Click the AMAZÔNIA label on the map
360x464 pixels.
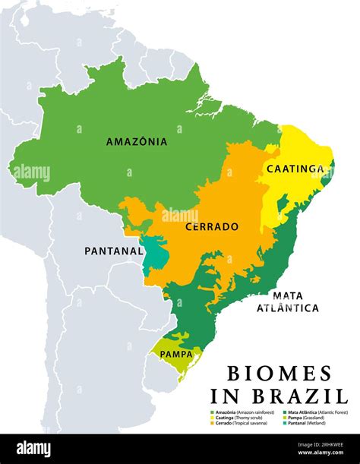(x=137, y=141)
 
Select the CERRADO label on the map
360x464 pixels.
(x=213, y=226)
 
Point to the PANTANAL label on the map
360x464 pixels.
(x=114, y=250)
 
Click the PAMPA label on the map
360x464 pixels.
(x=175, y=353)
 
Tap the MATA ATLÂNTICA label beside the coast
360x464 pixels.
(x=287, y=301)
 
